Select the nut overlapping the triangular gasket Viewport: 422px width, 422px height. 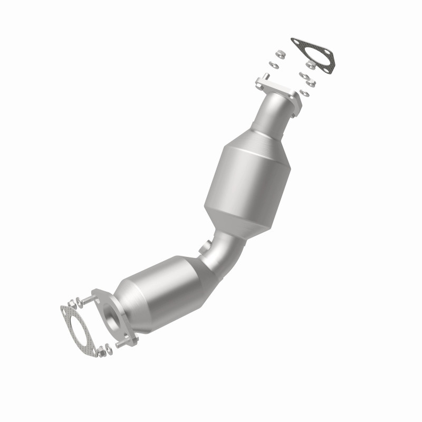[x=311, y=64]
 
